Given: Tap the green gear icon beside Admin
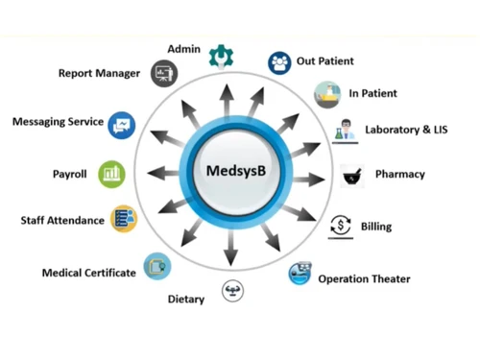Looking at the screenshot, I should tap(221, 55).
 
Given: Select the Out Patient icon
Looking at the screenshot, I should tap(279, 62).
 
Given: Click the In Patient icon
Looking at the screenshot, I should tap(326, 94).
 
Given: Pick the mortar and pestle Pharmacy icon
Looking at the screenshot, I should tap(351, 175).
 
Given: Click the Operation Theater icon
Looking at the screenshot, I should tap(300, 276).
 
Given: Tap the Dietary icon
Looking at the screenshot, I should tap(231, 291).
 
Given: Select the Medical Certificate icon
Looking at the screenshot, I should tap(156, 266).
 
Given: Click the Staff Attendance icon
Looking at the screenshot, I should tap(123, 219).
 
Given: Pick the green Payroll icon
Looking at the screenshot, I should tap(111, 174).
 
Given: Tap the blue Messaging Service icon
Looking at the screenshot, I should tap(122, 124).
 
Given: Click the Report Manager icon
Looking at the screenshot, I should tap(163, 74).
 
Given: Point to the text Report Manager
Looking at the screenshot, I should tap(99, 73).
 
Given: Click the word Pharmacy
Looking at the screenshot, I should tap(399, 175).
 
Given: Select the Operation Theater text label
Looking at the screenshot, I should tap(364, 279).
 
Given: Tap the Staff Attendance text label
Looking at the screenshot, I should tap(62, 221).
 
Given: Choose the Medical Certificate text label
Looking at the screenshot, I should tap(88, 274).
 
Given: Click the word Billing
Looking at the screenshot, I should tap(375, 228).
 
